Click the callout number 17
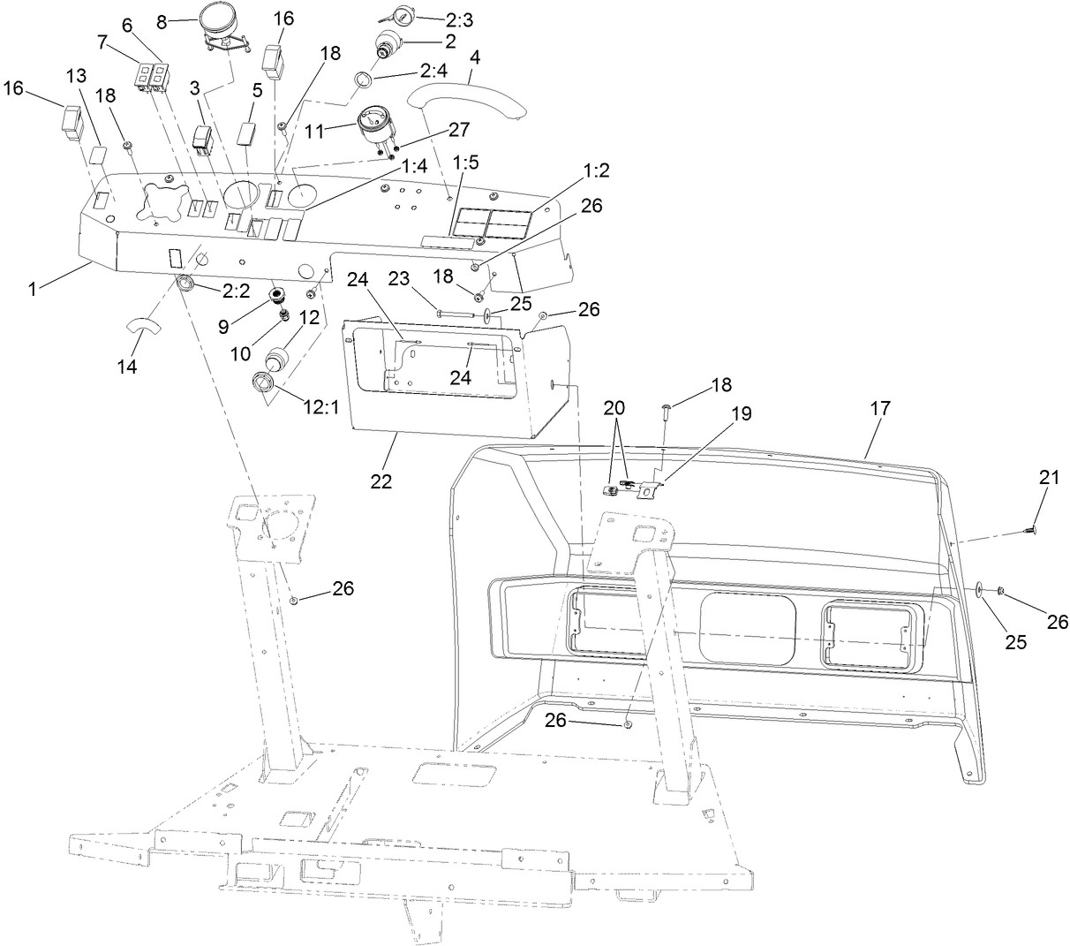click(x=879, y=408)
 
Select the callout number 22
click(x=381, y=481)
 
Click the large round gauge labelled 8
click(x=227, y=20)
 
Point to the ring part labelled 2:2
click(x=187, y=284)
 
